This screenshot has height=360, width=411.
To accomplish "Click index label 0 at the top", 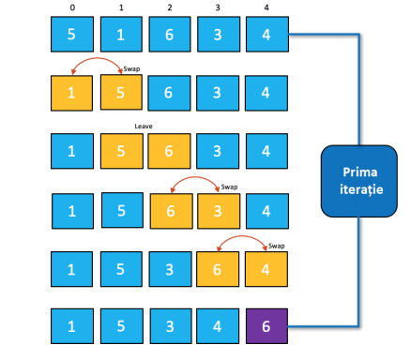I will click(x=71, y=7).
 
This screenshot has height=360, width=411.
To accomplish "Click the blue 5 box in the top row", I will click(x=72, y=37).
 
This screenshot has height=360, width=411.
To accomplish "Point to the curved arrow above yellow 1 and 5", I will click(x=97, y=63).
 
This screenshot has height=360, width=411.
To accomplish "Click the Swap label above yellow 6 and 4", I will click(x=276, y=247).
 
